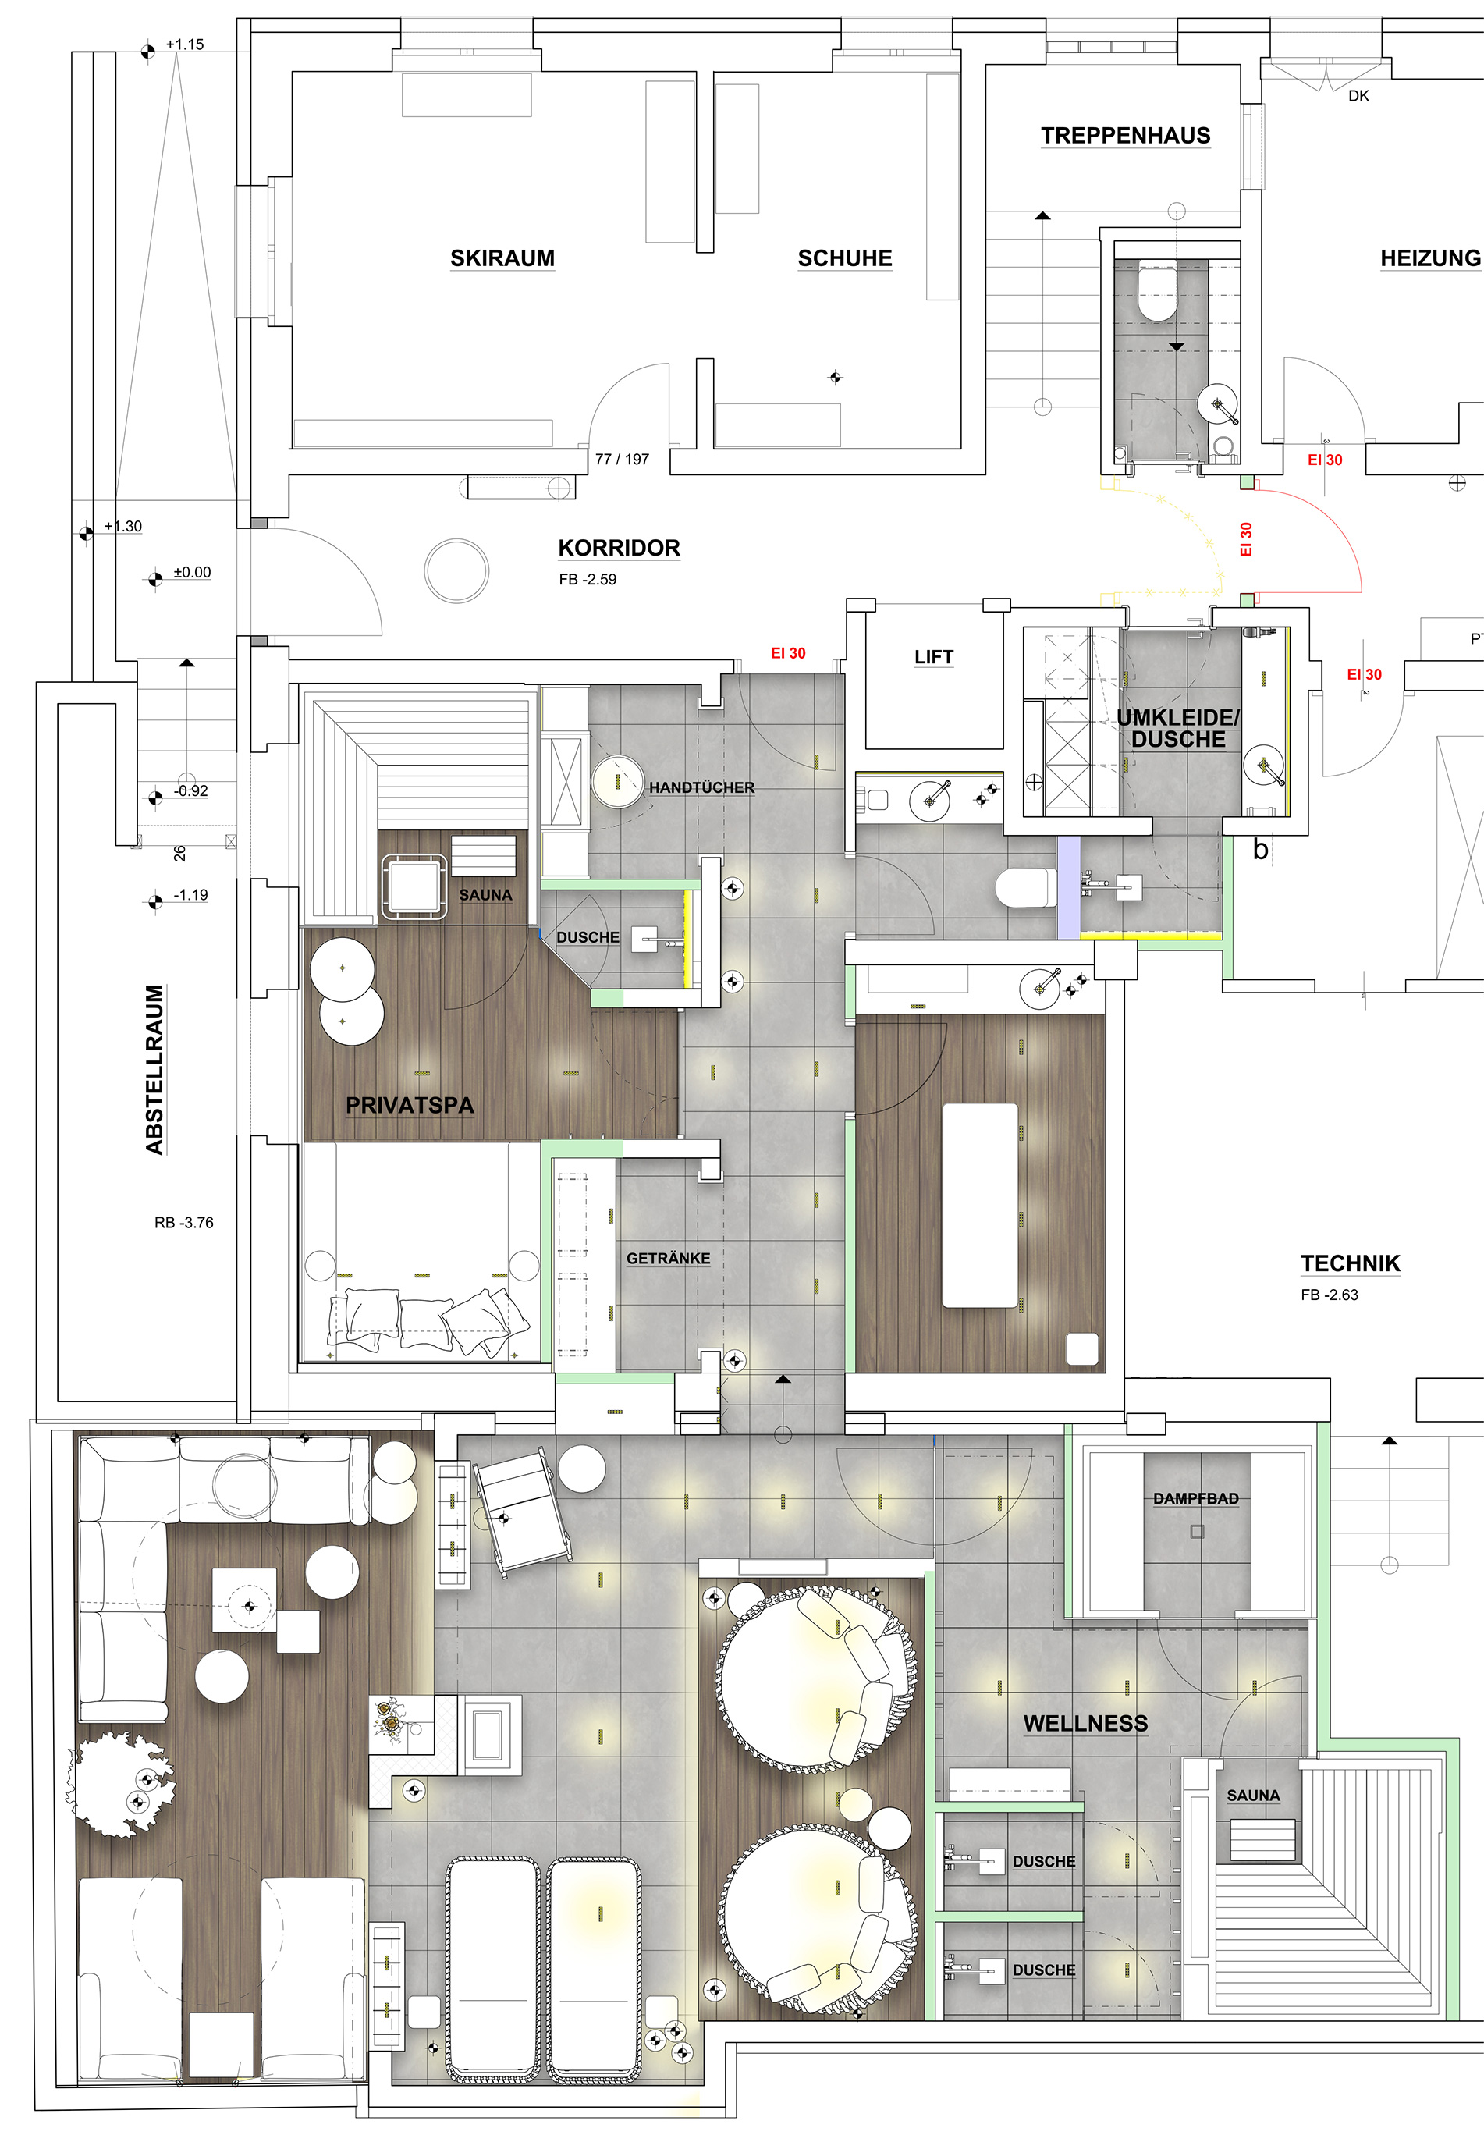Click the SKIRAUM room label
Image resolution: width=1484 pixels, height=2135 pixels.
click(502, 258)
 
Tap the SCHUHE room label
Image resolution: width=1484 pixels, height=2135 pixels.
click(844, 258)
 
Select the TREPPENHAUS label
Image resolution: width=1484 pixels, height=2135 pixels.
click(1125, 136)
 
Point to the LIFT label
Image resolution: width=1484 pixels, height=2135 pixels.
click(933, 657)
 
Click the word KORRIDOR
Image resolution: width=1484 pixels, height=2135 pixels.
click(620, 548)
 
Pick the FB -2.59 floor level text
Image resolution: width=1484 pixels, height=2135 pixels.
click(588, 579)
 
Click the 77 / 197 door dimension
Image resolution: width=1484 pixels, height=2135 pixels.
click(622, 460)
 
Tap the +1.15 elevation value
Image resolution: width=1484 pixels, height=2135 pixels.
click(184, 44)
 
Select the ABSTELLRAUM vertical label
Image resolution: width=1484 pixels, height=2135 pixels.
click(154, 1069)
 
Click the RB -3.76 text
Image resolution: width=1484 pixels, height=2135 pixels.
click(184, 1223)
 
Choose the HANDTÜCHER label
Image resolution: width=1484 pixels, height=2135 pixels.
click(702, 787)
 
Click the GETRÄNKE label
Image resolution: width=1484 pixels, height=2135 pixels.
click(669, 1258)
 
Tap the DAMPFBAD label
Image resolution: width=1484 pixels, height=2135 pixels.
click(1196, 1498)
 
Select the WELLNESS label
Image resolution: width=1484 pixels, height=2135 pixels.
click(1086, 1723)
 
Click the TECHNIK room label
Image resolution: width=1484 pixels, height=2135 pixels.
click(1350, 1263)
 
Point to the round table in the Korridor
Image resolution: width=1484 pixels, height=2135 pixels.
click(456, 569)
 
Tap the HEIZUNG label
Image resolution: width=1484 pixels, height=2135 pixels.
click(1430, 258)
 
